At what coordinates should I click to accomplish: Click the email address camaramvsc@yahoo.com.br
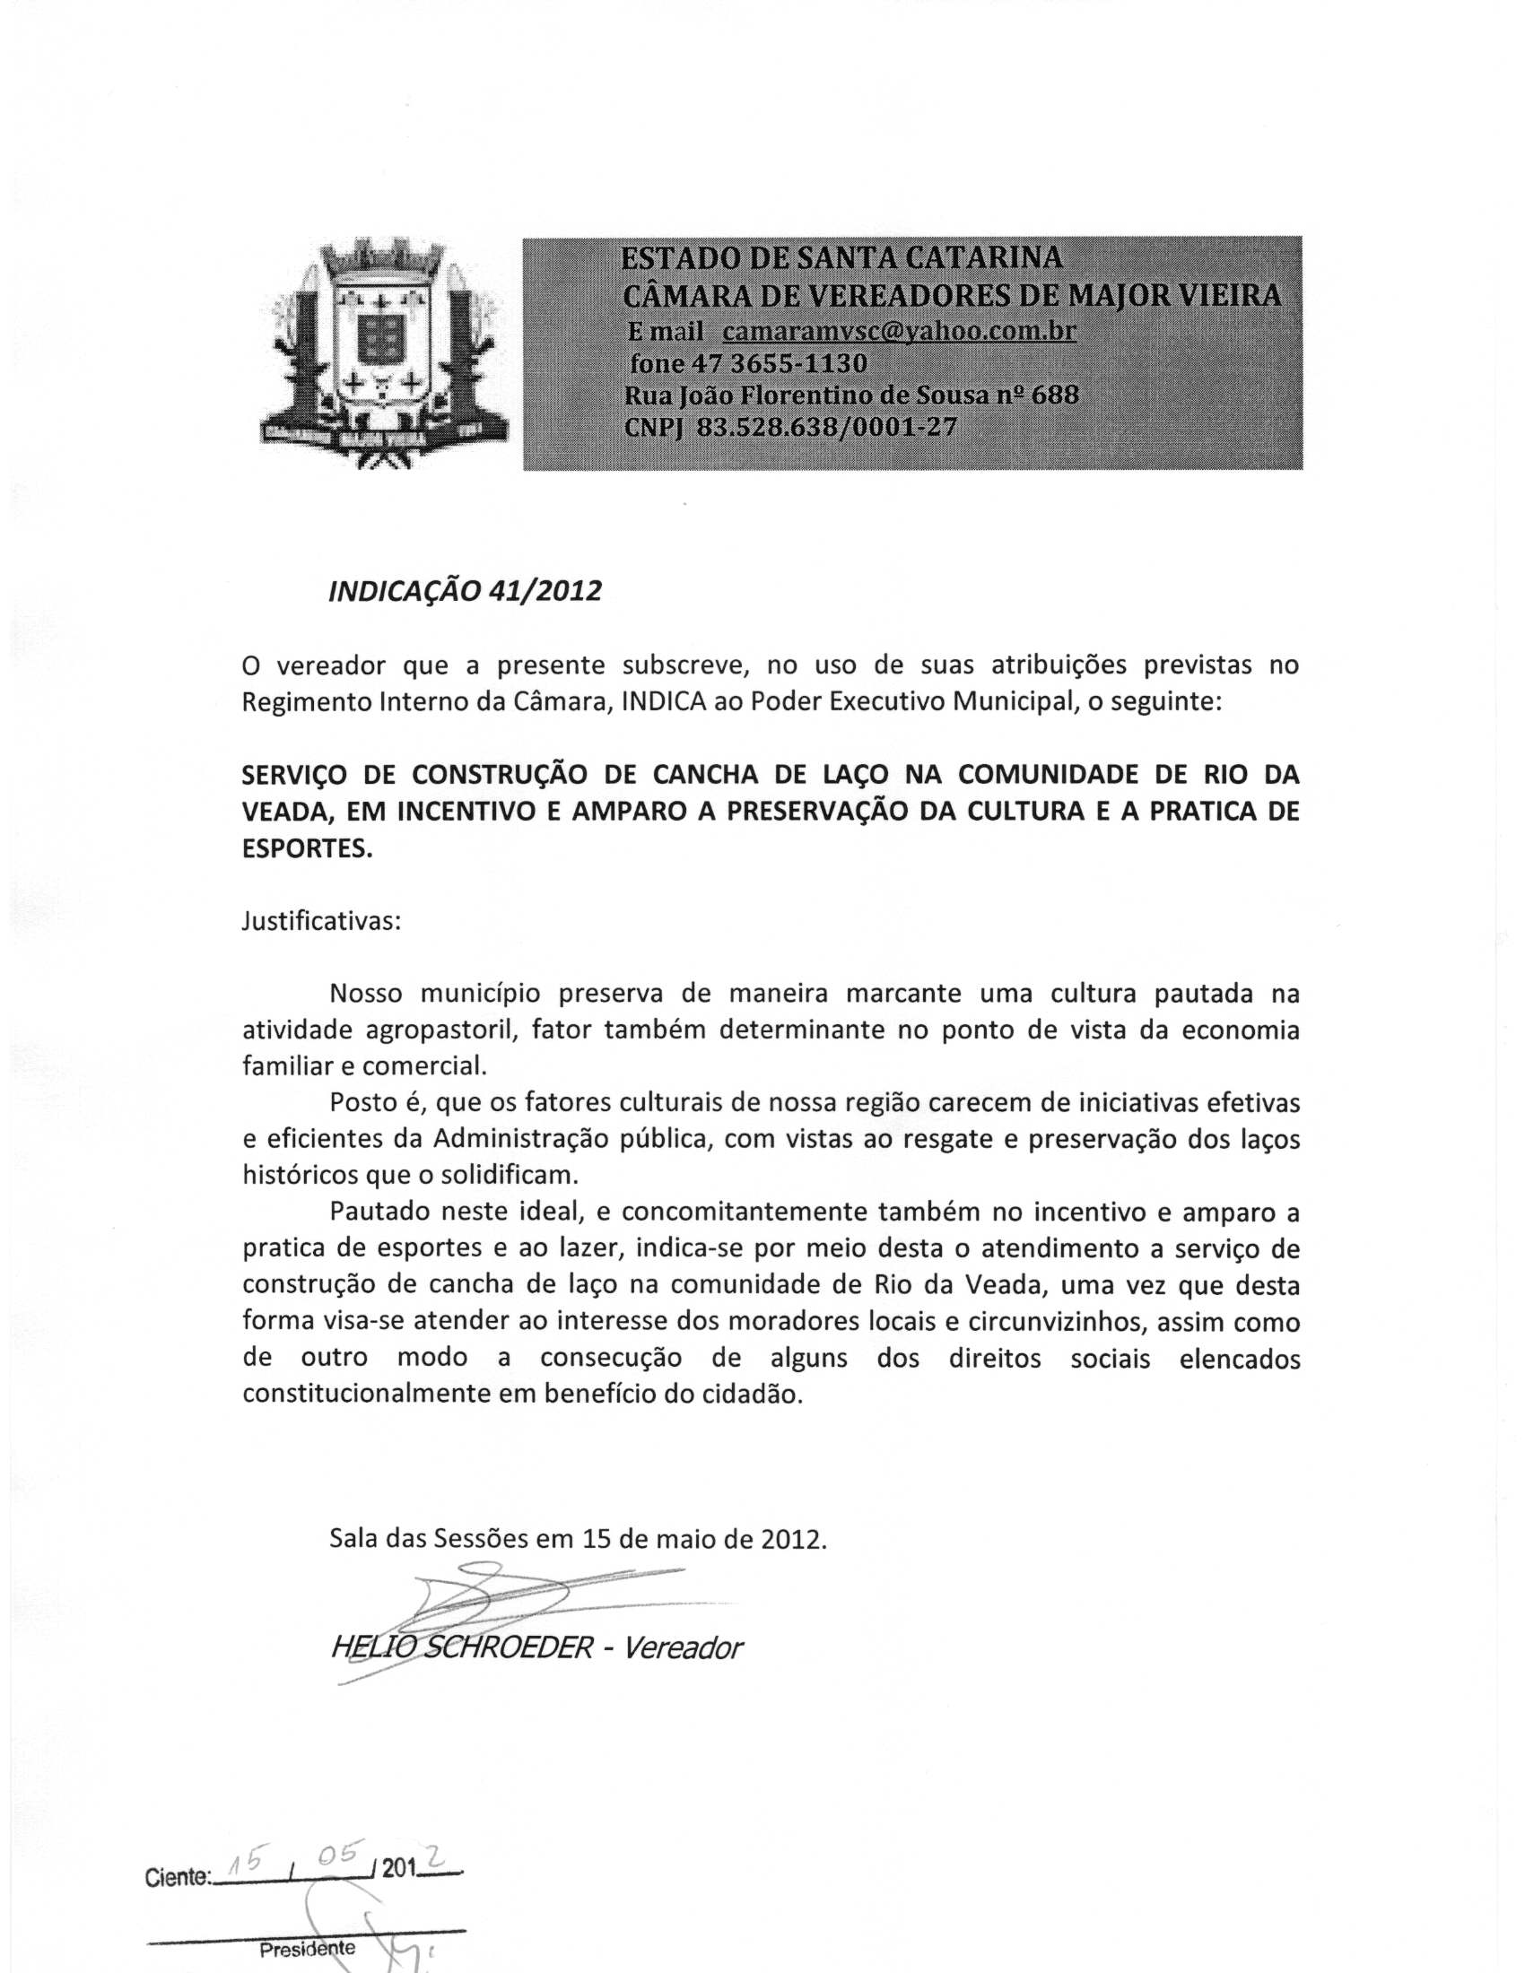[899, 331]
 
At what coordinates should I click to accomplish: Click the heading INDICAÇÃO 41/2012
[465, 591]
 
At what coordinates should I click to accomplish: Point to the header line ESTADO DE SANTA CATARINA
[841, 258]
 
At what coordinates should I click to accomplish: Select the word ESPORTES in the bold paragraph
[307, 849]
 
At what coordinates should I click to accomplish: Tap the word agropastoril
[440, 1030]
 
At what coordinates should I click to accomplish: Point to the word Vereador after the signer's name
[683, 1647]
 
